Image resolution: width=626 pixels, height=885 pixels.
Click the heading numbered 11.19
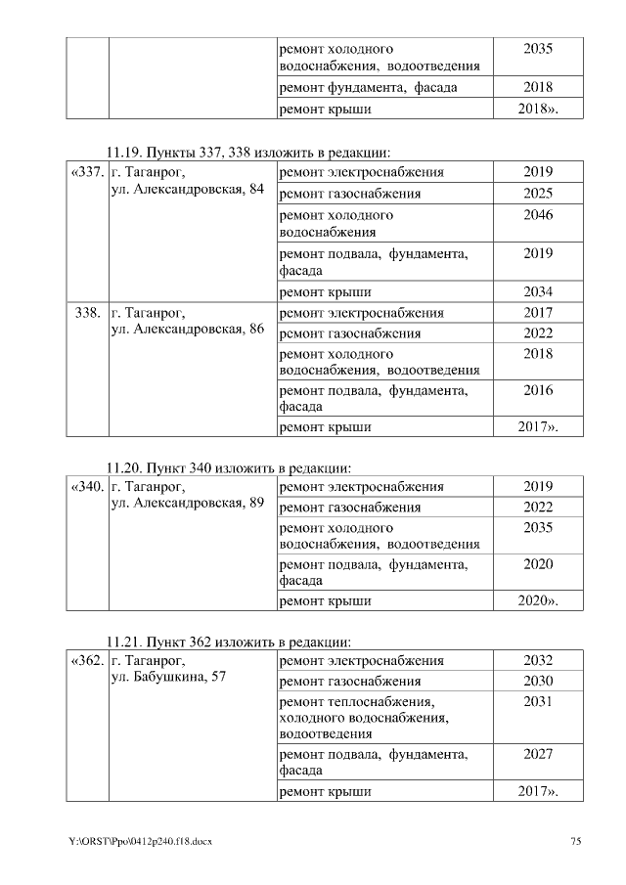pyautogui.click(x=248, y=153)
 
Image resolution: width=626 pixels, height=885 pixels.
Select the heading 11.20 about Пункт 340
pyautogui.click(x=228, y=466)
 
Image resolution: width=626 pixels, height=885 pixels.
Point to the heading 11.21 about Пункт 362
pyautogui.click(x=228, y=642)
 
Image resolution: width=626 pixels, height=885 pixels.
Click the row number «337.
pyautogui.click(x=87, y=173)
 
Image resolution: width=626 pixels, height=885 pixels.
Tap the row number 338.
pyautogui.click(x=87, y=313)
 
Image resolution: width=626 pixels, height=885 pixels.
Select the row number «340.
pyautogui.click(x=87, y=486)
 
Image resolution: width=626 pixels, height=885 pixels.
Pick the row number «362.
pyautogui.click(x=87, y=661)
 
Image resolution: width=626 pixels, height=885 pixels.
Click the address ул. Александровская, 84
pyautogui.click(x=188, y=189)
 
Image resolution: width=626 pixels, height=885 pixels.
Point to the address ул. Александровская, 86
pyautogui.click(x=188, y=329)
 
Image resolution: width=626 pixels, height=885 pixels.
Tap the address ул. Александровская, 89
pyautogui.click(x=188, y=503)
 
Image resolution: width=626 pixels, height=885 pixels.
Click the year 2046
pyautogui.click(x=537, y=214)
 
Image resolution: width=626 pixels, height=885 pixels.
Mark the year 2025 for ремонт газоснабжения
pyautogui.click(x=537, y=194)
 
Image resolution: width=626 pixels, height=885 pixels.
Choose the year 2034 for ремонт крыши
pyautogui.click(x=537, y=292)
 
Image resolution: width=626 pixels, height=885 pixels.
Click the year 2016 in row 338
pyautogui.click(x=537, y=390)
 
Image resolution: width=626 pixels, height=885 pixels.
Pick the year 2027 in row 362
pyautogui.click(x=537, y=755)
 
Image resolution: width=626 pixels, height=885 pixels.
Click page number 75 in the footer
pyautogui.click(x=576, y=842)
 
